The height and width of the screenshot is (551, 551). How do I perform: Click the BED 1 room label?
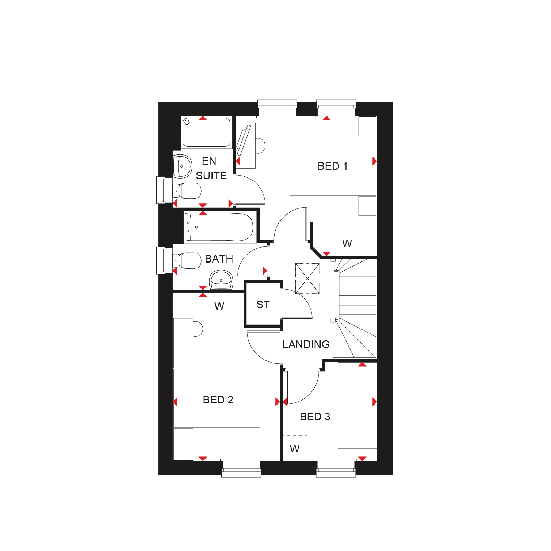332,166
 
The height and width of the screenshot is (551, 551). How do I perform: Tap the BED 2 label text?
218,400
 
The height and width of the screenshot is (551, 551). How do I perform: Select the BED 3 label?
315,417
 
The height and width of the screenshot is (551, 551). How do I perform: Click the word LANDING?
306,344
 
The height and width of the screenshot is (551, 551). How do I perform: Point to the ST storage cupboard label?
263,305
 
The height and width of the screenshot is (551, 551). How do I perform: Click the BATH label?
219,259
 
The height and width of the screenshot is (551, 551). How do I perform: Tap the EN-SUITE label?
211,168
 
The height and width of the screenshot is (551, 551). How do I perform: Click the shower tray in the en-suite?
207,132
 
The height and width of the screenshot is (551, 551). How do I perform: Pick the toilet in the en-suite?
187,191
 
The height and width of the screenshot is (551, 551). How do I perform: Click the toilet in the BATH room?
187,261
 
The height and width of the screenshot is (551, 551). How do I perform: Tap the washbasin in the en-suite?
182,167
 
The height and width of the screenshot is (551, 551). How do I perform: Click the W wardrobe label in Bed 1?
347,244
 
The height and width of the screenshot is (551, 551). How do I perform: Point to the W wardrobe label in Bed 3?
295,448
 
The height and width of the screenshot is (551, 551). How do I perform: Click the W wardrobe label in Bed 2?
219,306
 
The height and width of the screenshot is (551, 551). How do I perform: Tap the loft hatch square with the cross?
307,279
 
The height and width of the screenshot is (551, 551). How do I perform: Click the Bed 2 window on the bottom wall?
241,468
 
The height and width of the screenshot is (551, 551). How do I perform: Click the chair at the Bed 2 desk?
198,329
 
